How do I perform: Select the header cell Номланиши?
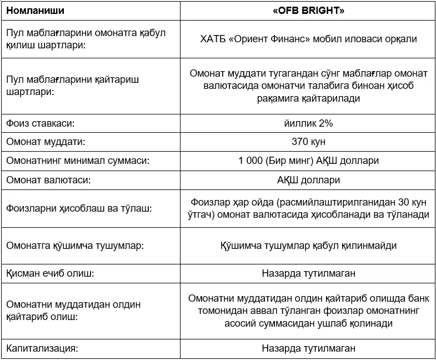tap(35, 10)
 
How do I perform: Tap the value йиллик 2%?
tap(308, 122)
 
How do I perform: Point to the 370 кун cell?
tap(308, 142)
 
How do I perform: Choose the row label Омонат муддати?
tap(46, 142)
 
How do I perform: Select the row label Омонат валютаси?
tap(48, 180)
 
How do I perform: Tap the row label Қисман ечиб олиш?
tap(51, 273)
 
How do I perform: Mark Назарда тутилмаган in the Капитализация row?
tap(308, 348)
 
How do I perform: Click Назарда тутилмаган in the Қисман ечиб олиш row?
tap(308, 273)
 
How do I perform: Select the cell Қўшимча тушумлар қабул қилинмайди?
tap(308, 245)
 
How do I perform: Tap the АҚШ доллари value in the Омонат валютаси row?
tap(308, 180)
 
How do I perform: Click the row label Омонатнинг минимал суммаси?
tap(78, 161)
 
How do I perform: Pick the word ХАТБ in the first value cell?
tap(212, 39)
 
